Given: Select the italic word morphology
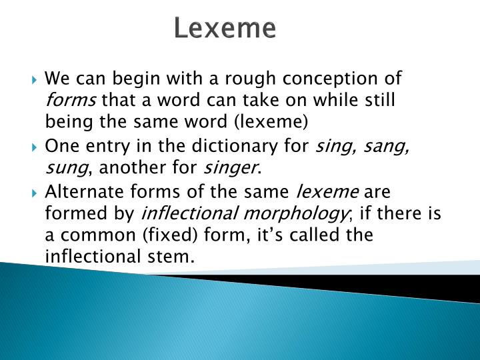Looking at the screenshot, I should (295, 213).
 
